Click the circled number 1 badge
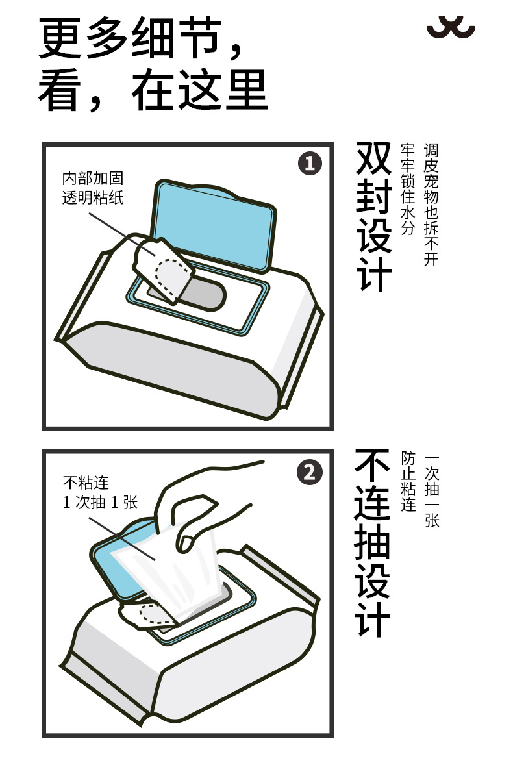(310, 164)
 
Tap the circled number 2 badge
(310, 472)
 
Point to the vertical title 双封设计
(374, 217)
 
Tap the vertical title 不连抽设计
(373, 542)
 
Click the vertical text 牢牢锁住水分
(408, 189)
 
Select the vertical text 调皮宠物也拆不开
(431, 205)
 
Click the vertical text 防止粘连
(408, 481)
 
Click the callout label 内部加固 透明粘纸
(93, 187)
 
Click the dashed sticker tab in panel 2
(148, 614)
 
